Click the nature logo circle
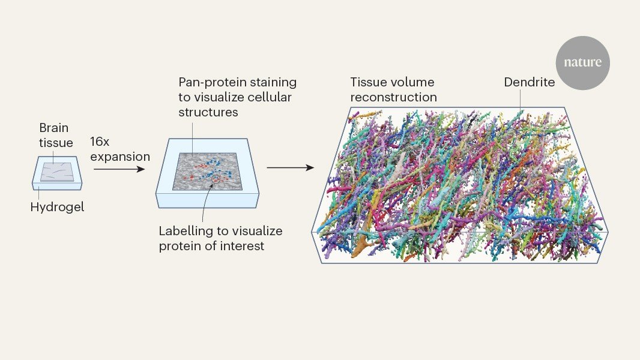pyautogui.click(x=582, y=63)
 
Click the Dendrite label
pyautogui.click(x=529, y=82)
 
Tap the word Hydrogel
pyautogui.click(x=57, y=207)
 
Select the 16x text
pyautogui.click(x=100, y=142)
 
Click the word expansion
pyautogui.click(x=120, y=157)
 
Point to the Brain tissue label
pyautogui.click(x=56, y=136)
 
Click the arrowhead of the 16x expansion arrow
pyautogui.click(x=141, y=169)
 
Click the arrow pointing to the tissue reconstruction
pyautogui.click(x=290, y=167)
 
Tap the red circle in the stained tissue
pyautogui.click(x=216, y=178)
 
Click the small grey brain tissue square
pyautogui.click(x=57, y=172)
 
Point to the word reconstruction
pyautogui.click(x=393, y=97)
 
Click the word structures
pyautogui.click(x=208, y=113)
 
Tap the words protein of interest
pyautogui.click(x=211, y=246)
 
